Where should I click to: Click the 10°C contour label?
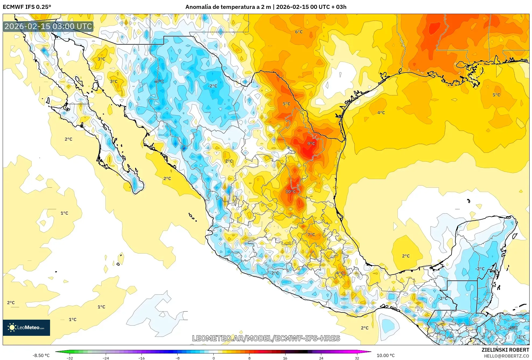[291, 191]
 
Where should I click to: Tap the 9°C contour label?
[311, 144]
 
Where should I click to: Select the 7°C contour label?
[311, 234]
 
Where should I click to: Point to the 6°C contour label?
[299, 32]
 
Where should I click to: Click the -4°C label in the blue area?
[159, 81]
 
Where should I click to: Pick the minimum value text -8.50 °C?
[41, 355]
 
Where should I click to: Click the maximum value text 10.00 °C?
[386, 355]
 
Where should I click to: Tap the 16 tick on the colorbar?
[285, 358]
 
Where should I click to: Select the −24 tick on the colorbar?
[105, 358]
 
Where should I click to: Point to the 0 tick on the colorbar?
[214, 358]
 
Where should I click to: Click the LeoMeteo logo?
[26, 327]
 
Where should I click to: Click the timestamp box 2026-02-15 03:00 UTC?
[48, 26]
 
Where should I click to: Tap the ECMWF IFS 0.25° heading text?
[27, 7]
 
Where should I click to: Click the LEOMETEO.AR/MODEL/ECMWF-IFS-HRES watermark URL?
[266, 338]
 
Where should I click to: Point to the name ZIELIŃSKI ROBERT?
[505, 350]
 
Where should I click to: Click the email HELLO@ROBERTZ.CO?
[506, 356]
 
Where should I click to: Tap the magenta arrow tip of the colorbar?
[369, 351]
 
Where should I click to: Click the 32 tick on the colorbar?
[357, 358]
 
